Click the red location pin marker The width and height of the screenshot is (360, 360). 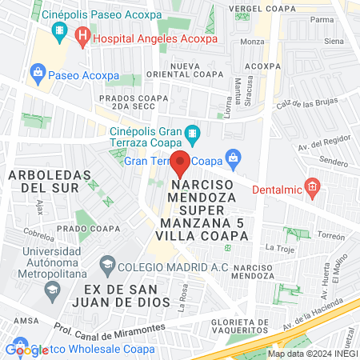(181, 164)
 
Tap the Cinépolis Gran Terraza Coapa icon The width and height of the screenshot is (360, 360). (191, 132)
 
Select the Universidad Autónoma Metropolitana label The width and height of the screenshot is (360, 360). (44, 264)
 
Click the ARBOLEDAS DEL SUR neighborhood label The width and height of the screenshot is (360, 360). (44, 181)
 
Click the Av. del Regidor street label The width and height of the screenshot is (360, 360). (320, 146)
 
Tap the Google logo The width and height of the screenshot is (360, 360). (26, 350)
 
